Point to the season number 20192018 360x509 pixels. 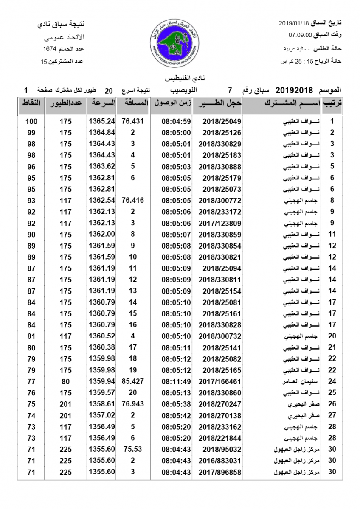294,90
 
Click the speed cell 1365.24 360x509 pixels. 102,121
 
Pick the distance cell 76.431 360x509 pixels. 133,121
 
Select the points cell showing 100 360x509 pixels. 31,121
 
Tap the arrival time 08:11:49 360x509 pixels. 176,381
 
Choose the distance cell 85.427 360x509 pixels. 133,381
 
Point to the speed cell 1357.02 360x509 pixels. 102,415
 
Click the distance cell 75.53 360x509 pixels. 133,449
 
